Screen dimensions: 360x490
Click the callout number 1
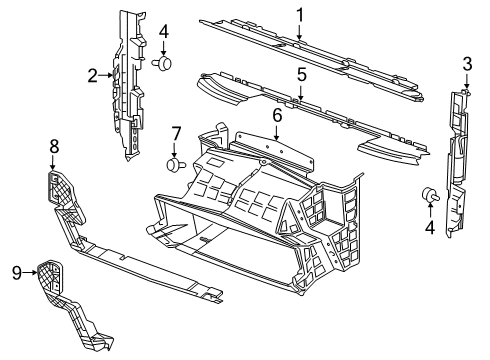[299, 14]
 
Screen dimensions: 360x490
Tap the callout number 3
[466, 66]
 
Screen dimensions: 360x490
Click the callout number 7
[175, 134]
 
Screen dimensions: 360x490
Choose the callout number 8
[54, 146]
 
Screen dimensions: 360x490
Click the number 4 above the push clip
[163, 32]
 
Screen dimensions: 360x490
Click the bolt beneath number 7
[177, 163]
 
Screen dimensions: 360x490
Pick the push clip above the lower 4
[431, 194]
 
